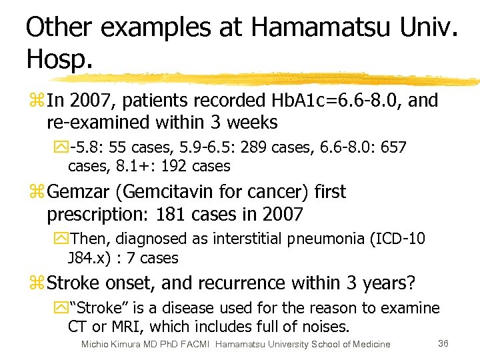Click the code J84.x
90,257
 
